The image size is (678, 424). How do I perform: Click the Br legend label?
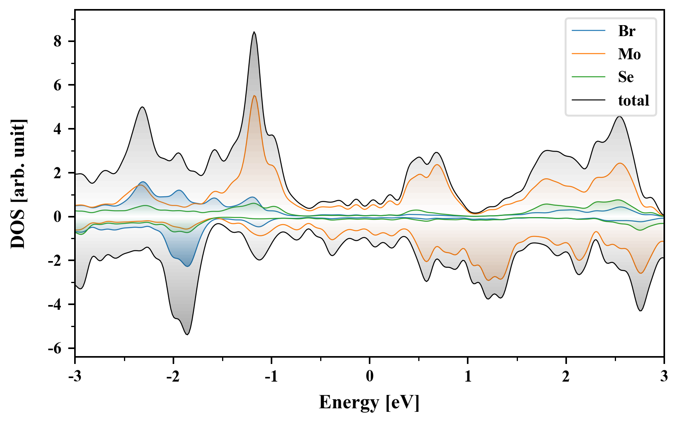626,31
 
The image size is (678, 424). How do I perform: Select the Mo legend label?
629,54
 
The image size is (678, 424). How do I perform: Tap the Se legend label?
625,77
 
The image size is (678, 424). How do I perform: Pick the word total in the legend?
633,101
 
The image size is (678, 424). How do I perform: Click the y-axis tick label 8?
58,41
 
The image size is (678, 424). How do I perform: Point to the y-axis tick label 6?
58,85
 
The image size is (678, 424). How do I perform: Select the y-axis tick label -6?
55,348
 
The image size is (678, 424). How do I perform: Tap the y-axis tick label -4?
55,304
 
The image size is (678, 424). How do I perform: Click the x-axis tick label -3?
75,376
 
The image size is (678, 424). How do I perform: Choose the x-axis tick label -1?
271,376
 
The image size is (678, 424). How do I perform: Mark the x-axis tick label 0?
370,376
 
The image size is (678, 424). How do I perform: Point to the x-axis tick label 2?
566,376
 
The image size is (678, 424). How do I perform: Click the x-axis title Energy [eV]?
369,402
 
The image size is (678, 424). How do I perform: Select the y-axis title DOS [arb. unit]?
18,183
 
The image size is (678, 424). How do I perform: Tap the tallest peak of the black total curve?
254,32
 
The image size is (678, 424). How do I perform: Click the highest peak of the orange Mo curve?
254,96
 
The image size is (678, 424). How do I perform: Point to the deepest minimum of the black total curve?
187,334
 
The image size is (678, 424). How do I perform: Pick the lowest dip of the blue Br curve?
188,266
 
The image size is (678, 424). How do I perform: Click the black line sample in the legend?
588,101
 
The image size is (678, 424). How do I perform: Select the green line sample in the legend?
588,77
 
